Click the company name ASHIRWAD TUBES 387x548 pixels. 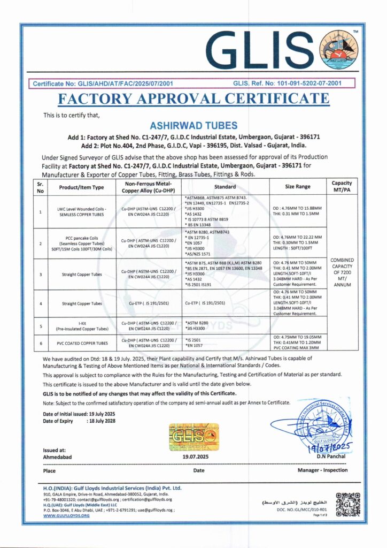point(193,126)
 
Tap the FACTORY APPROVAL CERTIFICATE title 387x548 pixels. point(193,99)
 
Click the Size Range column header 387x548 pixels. point(296,187)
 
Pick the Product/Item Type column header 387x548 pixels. point(82,187)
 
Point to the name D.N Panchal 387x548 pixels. point(331,456)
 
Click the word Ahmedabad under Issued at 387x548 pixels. point(57,457)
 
